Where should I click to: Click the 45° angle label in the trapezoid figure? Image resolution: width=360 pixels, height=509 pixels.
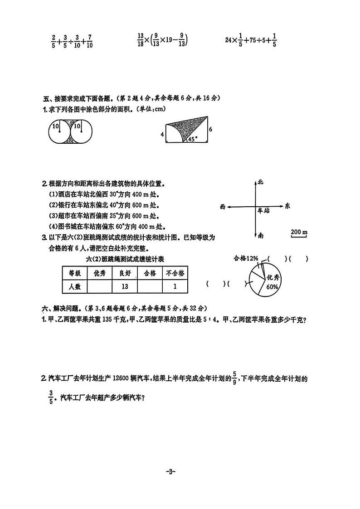[x=192, y=140]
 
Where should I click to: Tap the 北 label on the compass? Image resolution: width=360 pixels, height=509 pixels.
[x=260, y=182]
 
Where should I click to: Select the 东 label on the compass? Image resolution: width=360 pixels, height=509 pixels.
[x=287, y=206]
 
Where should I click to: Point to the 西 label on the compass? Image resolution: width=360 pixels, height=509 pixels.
[x=222, y=207]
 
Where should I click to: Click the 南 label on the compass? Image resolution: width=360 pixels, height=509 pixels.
[x=260, y=236]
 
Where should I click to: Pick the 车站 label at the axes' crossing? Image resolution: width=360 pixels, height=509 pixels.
[x=263, y=211]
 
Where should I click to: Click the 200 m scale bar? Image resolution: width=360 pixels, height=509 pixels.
[x=299, y=233]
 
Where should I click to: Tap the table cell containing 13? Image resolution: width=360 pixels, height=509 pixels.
[x=125, y=286]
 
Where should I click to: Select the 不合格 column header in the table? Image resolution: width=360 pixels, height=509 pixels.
[x=175, y=273]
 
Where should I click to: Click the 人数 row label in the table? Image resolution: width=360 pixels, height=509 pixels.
[x=74, y=286]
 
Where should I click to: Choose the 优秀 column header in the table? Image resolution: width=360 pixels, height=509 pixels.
[x=99, y=273]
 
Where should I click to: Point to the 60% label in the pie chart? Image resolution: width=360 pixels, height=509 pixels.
[x=272, y=287]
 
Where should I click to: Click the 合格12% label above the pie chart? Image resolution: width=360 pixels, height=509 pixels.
[x=246, y=258]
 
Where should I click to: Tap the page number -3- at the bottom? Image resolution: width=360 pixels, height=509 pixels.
[x=170, y=472]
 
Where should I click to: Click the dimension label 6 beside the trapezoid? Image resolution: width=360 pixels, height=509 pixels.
[x=211, y=129]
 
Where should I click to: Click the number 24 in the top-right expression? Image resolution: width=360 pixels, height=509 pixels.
[x=229, y=40]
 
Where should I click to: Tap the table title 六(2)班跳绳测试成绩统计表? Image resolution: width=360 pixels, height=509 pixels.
[x=125, y=259]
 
